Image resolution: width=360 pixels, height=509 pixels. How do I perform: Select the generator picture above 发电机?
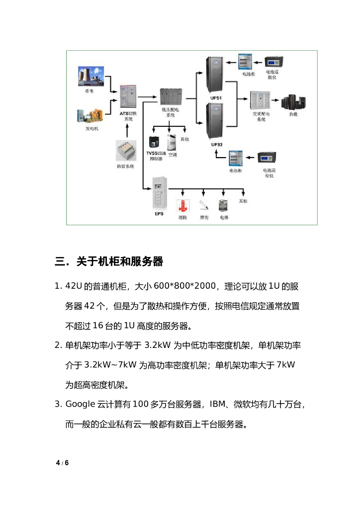click(x=89, y=115)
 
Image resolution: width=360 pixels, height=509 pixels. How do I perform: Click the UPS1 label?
click(x=216, y=98)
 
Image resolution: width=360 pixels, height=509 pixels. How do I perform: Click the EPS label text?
click(x=159, y=214)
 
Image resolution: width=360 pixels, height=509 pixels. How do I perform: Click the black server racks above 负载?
click(x=293, y=102)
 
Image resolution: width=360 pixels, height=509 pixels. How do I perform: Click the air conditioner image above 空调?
click(x=172, y=143)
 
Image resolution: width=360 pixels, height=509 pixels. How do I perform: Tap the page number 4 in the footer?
click(x=58, y=463)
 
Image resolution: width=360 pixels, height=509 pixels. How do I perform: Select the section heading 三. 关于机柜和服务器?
click(x=109, y=261)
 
